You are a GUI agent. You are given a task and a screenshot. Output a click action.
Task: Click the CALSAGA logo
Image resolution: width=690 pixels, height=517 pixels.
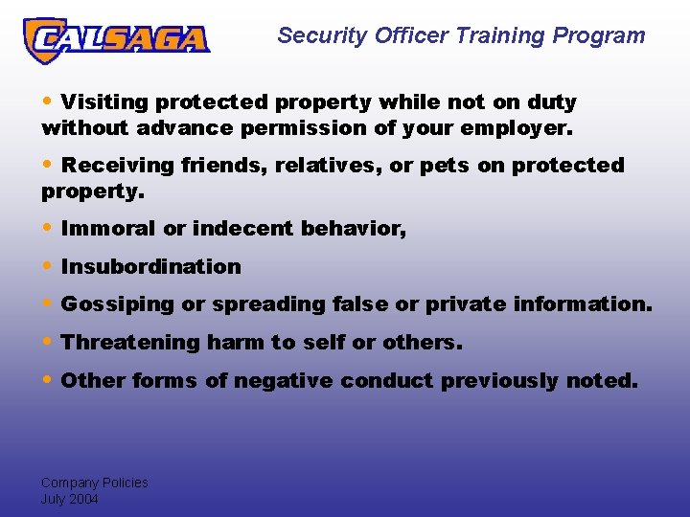coord(116,38)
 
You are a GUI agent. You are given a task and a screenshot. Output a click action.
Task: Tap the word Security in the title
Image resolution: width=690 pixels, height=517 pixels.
coord(322,36)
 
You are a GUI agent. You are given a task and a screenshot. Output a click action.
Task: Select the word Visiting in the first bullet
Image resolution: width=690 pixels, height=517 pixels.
coord(104,102)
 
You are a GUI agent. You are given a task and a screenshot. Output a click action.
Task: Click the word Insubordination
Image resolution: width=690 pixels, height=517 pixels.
coord(150,266)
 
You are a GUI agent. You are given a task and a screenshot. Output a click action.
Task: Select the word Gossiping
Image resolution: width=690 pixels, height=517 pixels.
coord(118,304)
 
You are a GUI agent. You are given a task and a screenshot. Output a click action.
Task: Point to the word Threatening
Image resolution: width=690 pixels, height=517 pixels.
coord(127,342)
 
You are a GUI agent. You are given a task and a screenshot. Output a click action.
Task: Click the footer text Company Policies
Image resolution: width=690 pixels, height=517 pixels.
coord(94,483)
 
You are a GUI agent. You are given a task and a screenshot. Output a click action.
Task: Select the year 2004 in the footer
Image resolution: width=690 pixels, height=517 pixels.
coord(83,499)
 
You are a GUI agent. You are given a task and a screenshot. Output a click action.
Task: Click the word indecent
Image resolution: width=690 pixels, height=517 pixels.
coord(243,229)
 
